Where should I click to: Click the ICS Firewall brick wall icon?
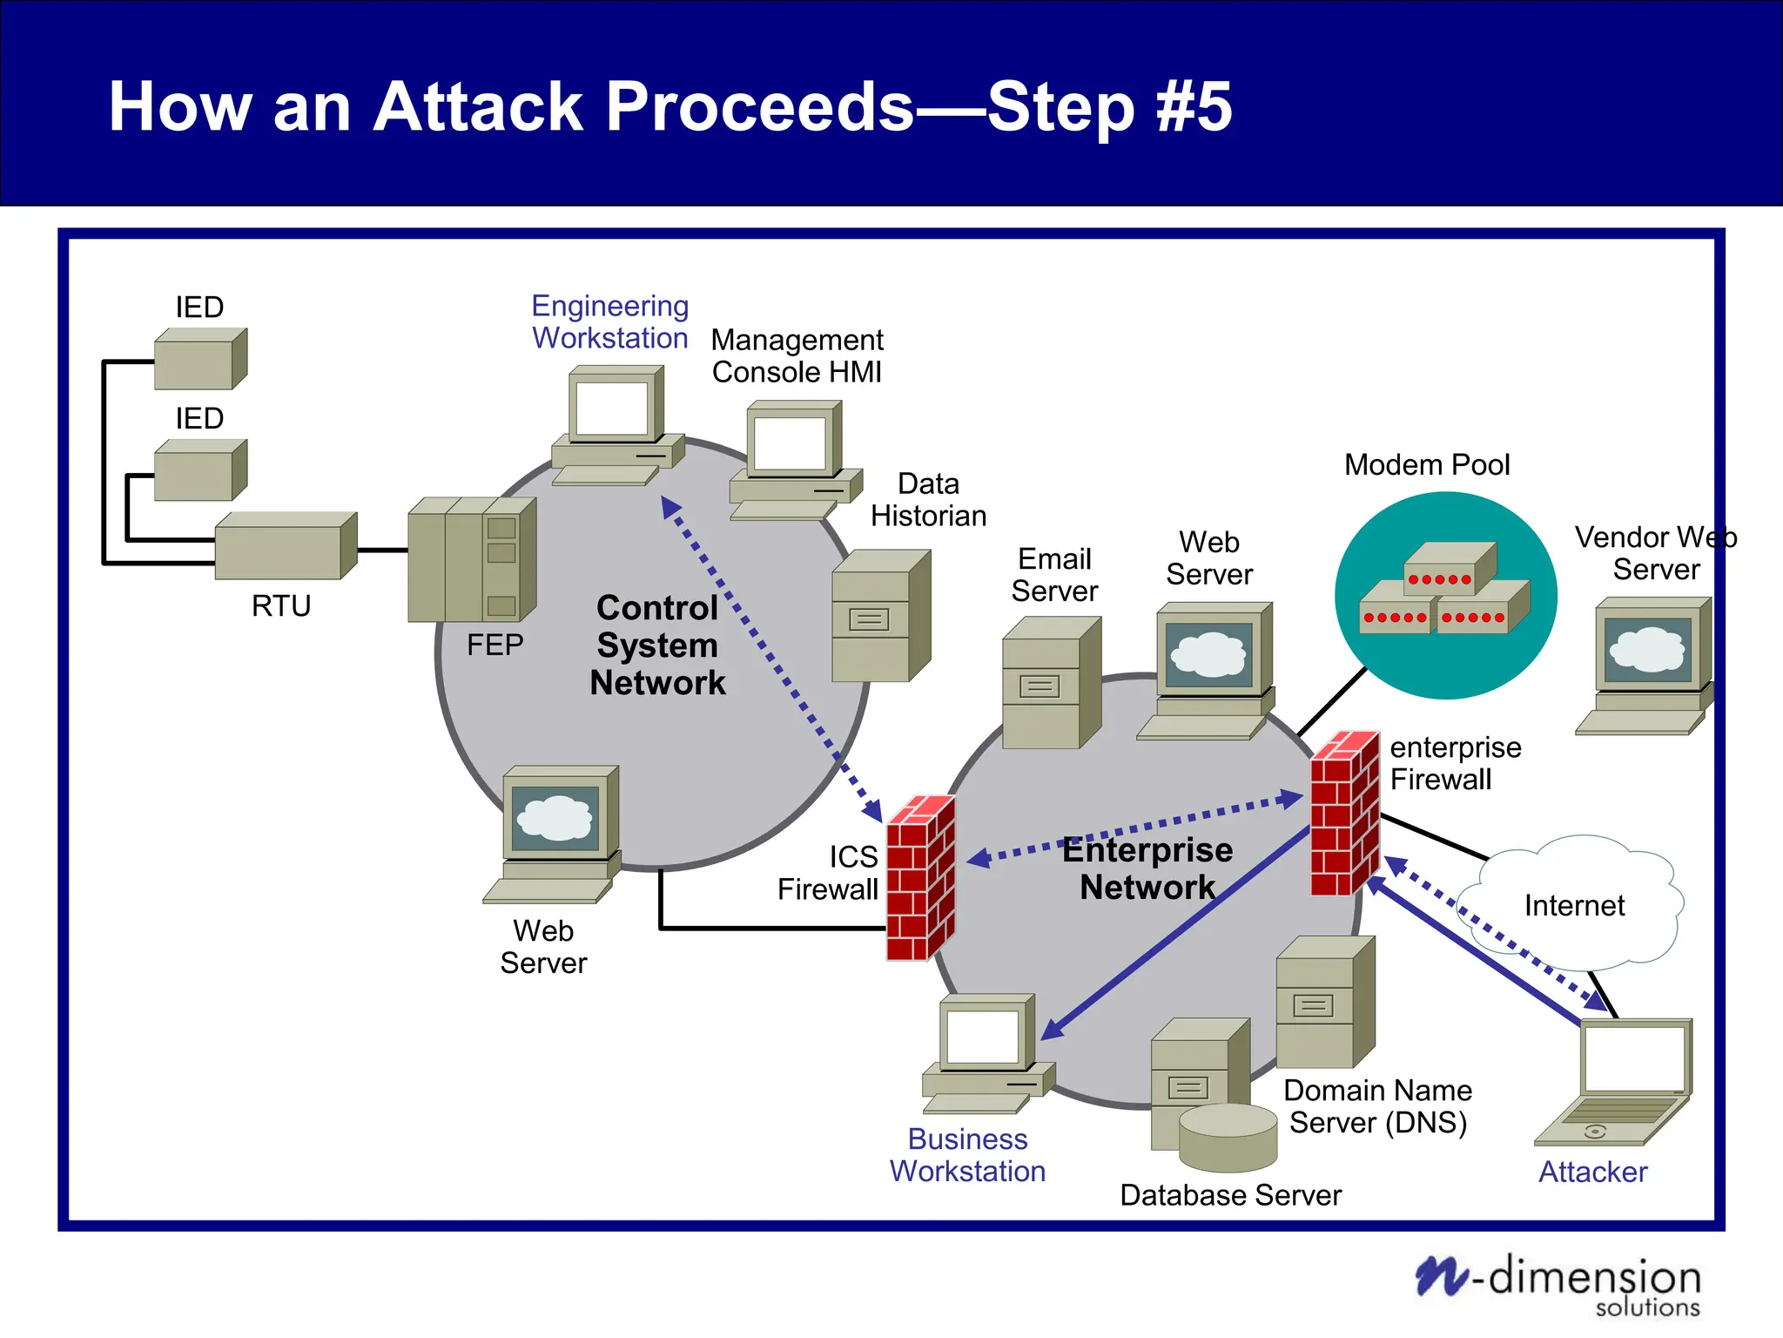tap(920, 878)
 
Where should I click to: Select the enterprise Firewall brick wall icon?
tap(1344, 814)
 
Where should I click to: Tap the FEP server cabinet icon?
tap(472, 559)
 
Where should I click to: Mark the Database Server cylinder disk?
tap(1228, 1138)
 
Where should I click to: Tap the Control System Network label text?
tap(657, 645)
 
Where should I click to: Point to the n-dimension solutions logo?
tap(1558, 1284)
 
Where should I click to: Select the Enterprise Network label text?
tap(1147, 868)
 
